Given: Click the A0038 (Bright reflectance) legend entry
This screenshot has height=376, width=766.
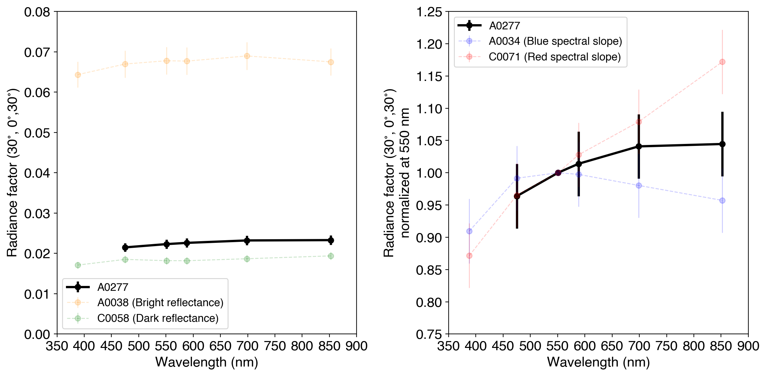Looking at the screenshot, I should tap(160, 303).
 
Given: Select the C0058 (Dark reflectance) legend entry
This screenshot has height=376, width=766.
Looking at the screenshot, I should tap(158, 318).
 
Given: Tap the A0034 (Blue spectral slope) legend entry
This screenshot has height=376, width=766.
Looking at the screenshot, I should tap(555, 41).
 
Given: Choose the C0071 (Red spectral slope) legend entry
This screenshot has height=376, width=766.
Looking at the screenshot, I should tap(554, 57).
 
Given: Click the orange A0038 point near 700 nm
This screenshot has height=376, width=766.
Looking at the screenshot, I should tap(247, 56).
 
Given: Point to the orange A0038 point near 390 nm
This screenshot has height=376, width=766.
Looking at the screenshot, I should tap(78, 75).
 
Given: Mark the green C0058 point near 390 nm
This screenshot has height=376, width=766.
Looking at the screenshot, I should tap(78, 265).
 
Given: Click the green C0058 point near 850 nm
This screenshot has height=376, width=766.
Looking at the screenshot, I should tap(331, 256).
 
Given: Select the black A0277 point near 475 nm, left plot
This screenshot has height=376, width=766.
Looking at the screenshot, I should tap(125, 247).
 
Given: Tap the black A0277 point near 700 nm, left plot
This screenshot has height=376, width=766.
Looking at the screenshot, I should tap(247, 241).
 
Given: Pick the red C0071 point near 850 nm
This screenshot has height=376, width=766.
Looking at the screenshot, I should tap(722, 62).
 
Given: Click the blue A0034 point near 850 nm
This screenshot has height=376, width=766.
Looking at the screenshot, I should tap(722, 200).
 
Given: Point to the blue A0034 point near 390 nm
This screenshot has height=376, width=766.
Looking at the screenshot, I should tap(469, 231).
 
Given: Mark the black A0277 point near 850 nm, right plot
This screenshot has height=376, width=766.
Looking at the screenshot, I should tap(722, 144).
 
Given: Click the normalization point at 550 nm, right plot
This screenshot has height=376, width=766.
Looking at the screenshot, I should tap(558, 173).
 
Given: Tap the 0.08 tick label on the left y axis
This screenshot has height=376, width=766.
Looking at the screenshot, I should tap(37, 12).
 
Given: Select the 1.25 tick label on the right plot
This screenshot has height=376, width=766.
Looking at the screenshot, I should tap(429, 12).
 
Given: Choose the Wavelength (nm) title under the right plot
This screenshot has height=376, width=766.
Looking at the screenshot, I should tap(598, 362).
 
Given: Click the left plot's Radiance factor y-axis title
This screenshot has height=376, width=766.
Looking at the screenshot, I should tap(12, 173).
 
